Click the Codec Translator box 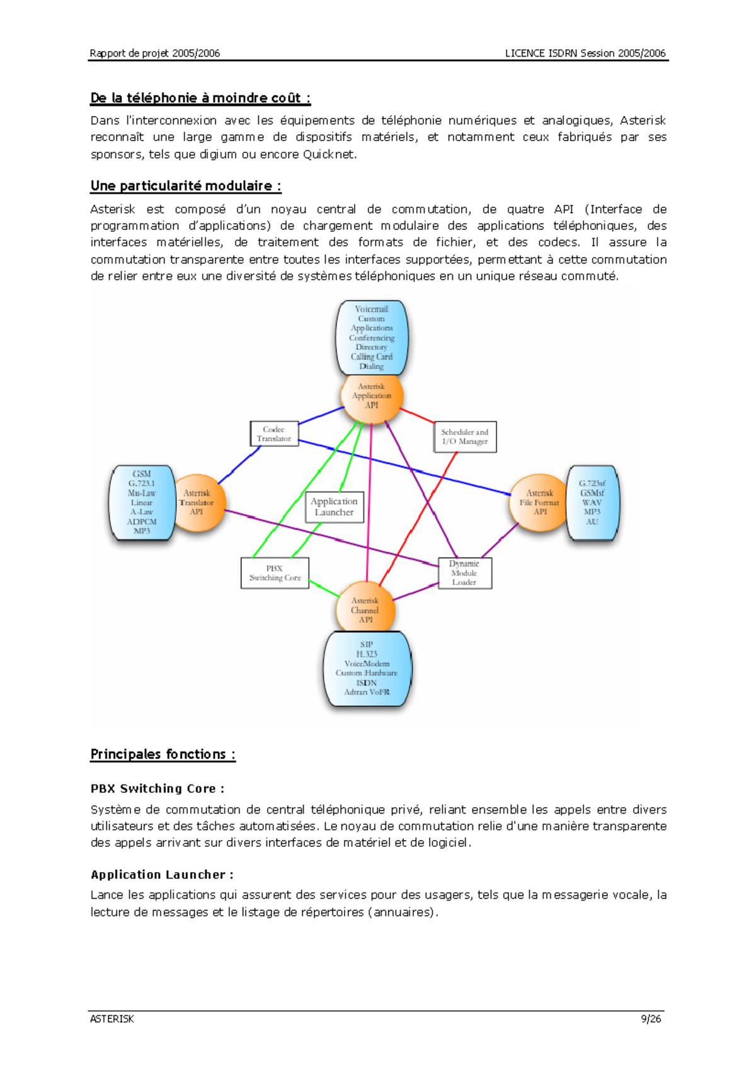274,434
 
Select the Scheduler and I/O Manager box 465,437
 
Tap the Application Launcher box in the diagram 334,507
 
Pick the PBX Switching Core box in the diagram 275,573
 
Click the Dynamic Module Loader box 464,573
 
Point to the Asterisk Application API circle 371,396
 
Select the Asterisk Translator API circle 197,503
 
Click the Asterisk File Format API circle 539,503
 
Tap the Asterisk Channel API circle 365,609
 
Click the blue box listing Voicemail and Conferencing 372,338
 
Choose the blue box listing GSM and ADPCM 142,503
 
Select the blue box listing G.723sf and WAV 592,503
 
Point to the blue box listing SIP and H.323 367,668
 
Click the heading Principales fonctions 163,754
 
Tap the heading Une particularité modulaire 185,186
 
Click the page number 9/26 651,1019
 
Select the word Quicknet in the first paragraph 328,154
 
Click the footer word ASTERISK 112,1019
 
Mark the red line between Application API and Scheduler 417,415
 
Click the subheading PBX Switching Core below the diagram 157,788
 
